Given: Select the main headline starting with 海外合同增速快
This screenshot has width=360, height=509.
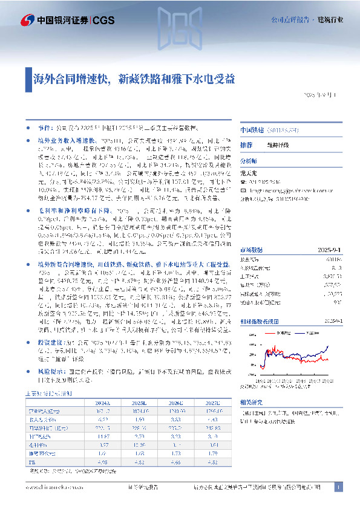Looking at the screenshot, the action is (134, 78).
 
